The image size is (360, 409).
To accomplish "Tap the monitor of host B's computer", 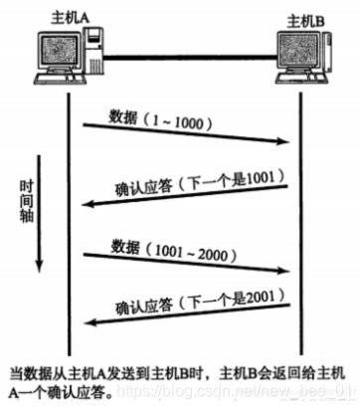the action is click(297, 59).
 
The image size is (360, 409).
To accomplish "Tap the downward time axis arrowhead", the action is click(37, 267).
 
